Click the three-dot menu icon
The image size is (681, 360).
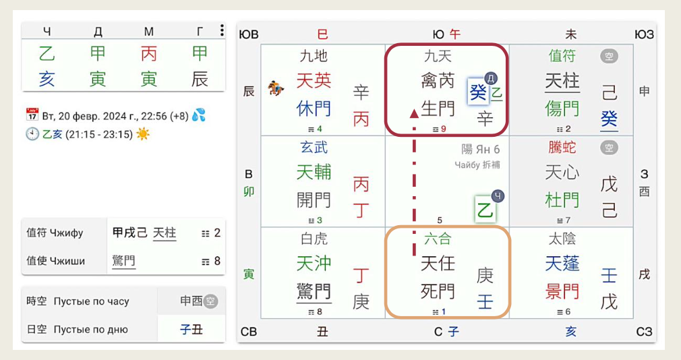pos(222,30)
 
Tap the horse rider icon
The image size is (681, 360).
pos(275,88)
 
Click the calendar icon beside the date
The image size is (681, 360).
pos(32,115)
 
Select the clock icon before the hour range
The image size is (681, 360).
pos(32,133)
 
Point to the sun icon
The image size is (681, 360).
pos(143,133)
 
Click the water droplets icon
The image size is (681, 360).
pos(198,115)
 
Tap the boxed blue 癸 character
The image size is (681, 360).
pos(477,92)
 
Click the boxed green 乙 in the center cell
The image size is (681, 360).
pos(485,209)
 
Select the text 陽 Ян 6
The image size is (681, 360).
pos(480,150)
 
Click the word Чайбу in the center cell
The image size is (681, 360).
pos(466,165)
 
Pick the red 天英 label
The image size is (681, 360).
pos(314,81)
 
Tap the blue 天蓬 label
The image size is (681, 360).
pos(562,264)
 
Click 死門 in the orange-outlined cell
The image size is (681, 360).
pos(438,291)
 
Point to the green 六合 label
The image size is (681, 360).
pos(438,239)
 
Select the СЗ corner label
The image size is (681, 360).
pos(645,331)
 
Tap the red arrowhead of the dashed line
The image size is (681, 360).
pos(414,113)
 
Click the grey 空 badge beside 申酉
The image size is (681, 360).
pos(211,301)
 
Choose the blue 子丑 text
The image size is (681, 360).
pos(191,330)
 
